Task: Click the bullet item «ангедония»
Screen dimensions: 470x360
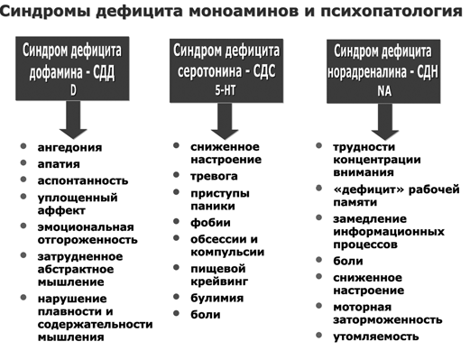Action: click(x=69, y=147)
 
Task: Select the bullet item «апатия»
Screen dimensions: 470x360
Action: click(x=59, y=164)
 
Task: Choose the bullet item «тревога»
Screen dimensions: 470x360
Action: click(x=215, y=176)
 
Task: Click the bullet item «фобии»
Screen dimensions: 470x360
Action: click(x=210, y=222)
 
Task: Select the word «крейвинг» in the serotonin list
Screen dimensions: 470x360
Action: click(x=220, y=282)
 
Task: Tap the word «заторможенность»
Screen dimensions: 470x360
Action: click(x=388, y=319)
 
